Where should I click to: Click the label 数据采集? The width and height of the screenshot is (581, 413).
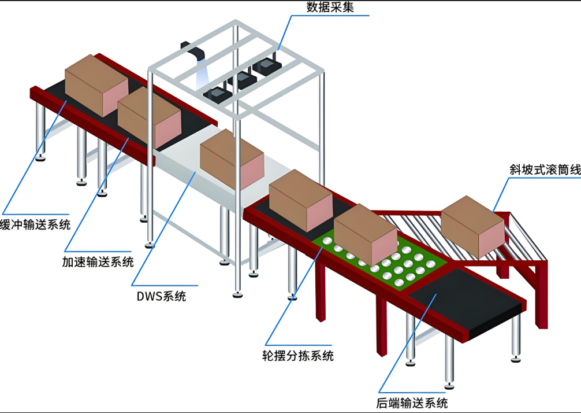pyautogui.click(x=330, y=8)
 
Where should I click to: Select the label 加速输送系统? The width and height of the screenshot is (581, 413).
pyautogui.click(x=98, y=261)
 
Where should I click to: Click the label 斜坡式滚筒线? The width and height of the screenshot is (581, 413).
pyautogui.click(x=545, y=170)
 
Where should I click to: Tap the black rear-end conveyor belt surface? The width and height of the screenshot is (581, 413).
pyautogui.click(x=462, y=301)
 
